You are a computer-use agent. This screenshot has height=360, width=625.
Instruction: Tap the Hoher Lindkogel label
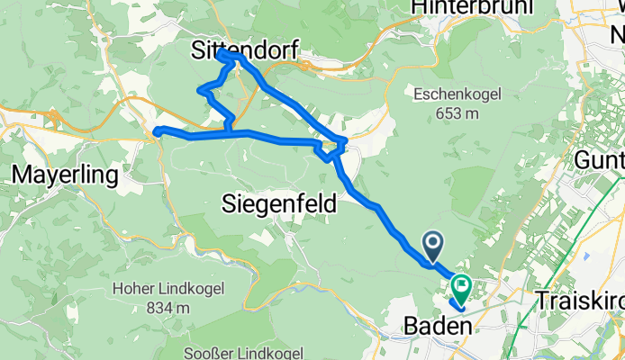(154, 289)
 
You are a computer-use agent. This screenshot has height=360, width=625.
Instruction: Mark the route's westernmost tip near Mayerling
(156, 132)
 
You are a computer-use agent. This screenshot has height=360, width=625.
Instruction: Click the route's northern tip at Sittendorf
(223, 55)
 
